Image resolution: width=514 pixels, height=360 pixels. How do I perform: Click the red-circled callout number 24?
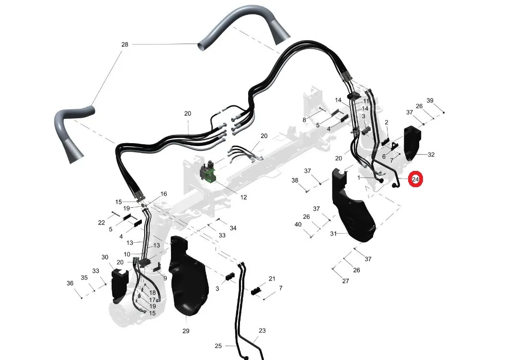coord(415,179)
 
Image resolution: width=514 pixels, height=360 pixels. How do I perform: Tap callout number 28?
coord(125,44)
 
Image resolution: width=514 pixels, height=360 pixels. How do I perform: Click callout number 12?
coord(243,197)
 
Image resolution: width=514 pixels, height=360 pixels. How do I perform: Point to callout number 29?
coord(186,331)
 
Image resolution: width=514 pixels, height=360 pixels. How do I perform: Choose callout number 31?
coord(333,234)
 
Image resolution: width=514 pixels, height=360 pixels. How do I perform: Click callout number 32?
coord(431,155)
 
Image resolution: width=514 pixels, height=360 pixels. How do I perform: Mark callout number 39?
coord(430,100)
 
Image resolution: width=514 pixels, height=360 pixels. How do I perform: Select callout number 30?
coord(105,257)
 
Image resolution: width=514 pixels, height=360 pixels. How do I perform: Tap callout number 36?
coord(70,283)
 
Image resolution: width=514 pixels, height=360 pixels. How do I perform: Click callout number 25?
coord(218,346)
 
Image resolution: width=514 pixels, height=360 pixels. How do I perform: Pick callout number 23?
coord(262,330)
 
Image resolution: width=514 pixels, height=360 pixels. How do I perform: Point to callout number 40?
coord(298,225)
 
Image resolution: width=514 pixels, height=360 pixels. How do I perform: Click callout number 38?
coord(295,180)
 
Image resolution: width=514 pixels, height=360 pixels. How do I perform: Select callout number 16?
coord(163,194)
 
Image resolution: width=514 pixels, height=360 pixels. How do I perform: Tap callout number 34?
coord(233,228)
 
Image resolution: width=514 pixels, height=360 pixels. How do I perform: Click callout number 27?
coord(345,281)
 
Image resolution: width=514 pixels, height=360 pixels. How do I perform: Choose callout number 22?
coord(102,223)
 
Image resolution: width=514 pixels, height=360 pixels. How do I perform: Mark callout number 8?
coord(304,120)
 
